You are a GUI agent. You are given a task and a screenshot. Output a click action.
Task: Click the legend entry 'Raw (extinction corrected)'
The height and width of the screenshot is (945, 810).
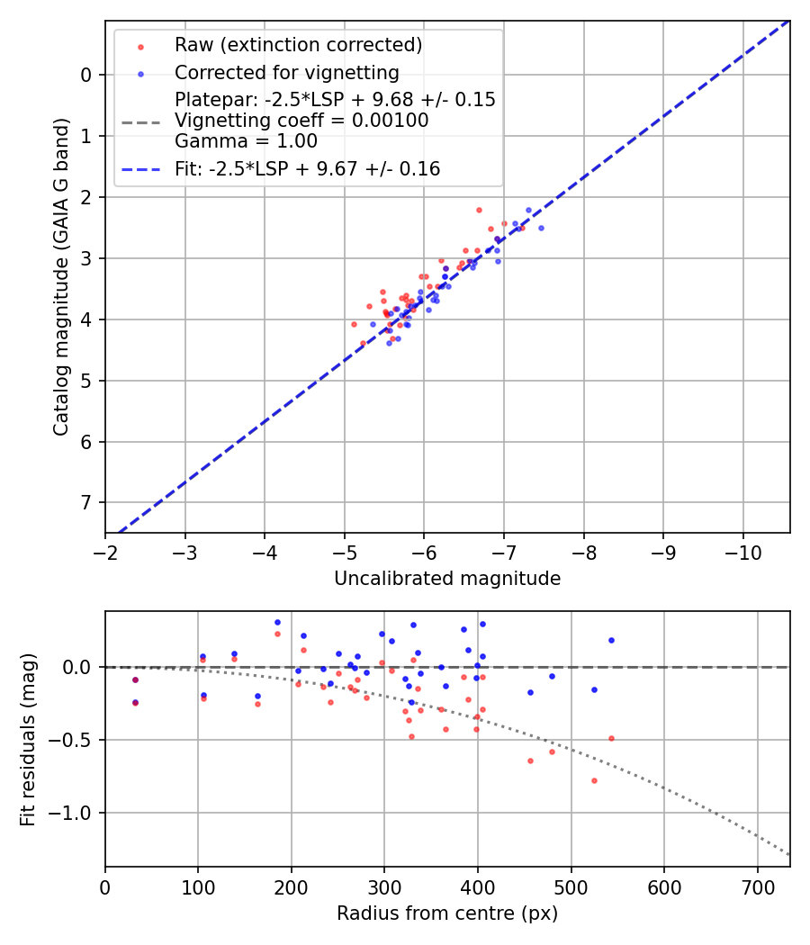[x=298, y=45]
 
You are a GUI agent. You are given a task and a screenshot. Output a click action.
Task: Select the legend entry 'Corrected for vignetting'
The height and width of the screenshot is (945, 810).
[x=287, y=72]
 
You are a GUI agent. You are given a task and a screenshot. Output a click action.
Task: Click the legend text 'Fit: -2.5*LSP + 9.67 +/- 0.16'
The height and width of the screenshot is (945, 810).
[x=307, y=168]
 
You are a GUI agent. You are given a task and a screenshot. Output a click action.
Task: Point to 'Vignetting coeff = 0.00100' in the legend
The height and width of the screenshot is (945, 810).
[x=301, y=120]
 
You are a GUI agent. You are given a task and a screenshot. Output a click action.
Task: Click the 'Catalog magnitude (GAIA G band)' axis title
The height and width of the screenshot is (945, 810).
[x=60, y=277]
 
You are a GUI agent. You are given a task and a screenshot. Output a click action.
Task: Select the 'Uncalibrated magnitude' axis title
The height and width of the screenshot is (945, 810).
[x=447, y=579]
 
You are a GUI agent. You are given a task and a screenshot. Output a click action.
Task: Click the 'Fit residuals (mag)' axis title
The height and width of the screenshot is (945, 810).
[x=28, y=739]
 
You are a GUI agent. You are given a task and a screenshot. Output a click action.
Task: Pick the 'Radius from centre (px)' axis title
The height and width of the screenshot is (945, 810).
[x=447, y=913]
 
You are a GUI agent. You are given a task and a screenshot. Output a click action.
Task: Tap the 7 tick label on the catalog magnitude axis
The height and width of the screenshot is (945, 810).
[x=86, y=502]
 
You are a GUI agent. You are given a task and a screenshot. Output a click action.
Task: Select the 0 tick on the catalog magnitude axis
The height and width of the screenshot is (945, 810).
[x=86, y=75]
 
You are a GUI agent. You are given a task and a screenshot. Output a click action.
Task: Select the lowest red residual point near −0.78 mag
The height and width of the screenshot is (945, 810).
[x=594, y=780]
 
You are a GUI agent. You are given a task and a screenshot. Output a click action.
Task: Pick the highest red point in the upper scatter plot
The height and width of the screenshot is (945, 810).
[x=479, y=210]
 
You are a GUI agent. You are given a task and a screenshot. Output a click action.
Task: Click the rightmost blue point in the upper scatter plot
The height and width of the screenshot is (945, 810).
[x=541, y=228]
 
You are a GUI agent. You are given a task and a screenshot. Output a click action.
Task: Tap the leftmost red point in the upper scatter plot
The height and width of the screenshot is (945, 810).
[x=354, y=324]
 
